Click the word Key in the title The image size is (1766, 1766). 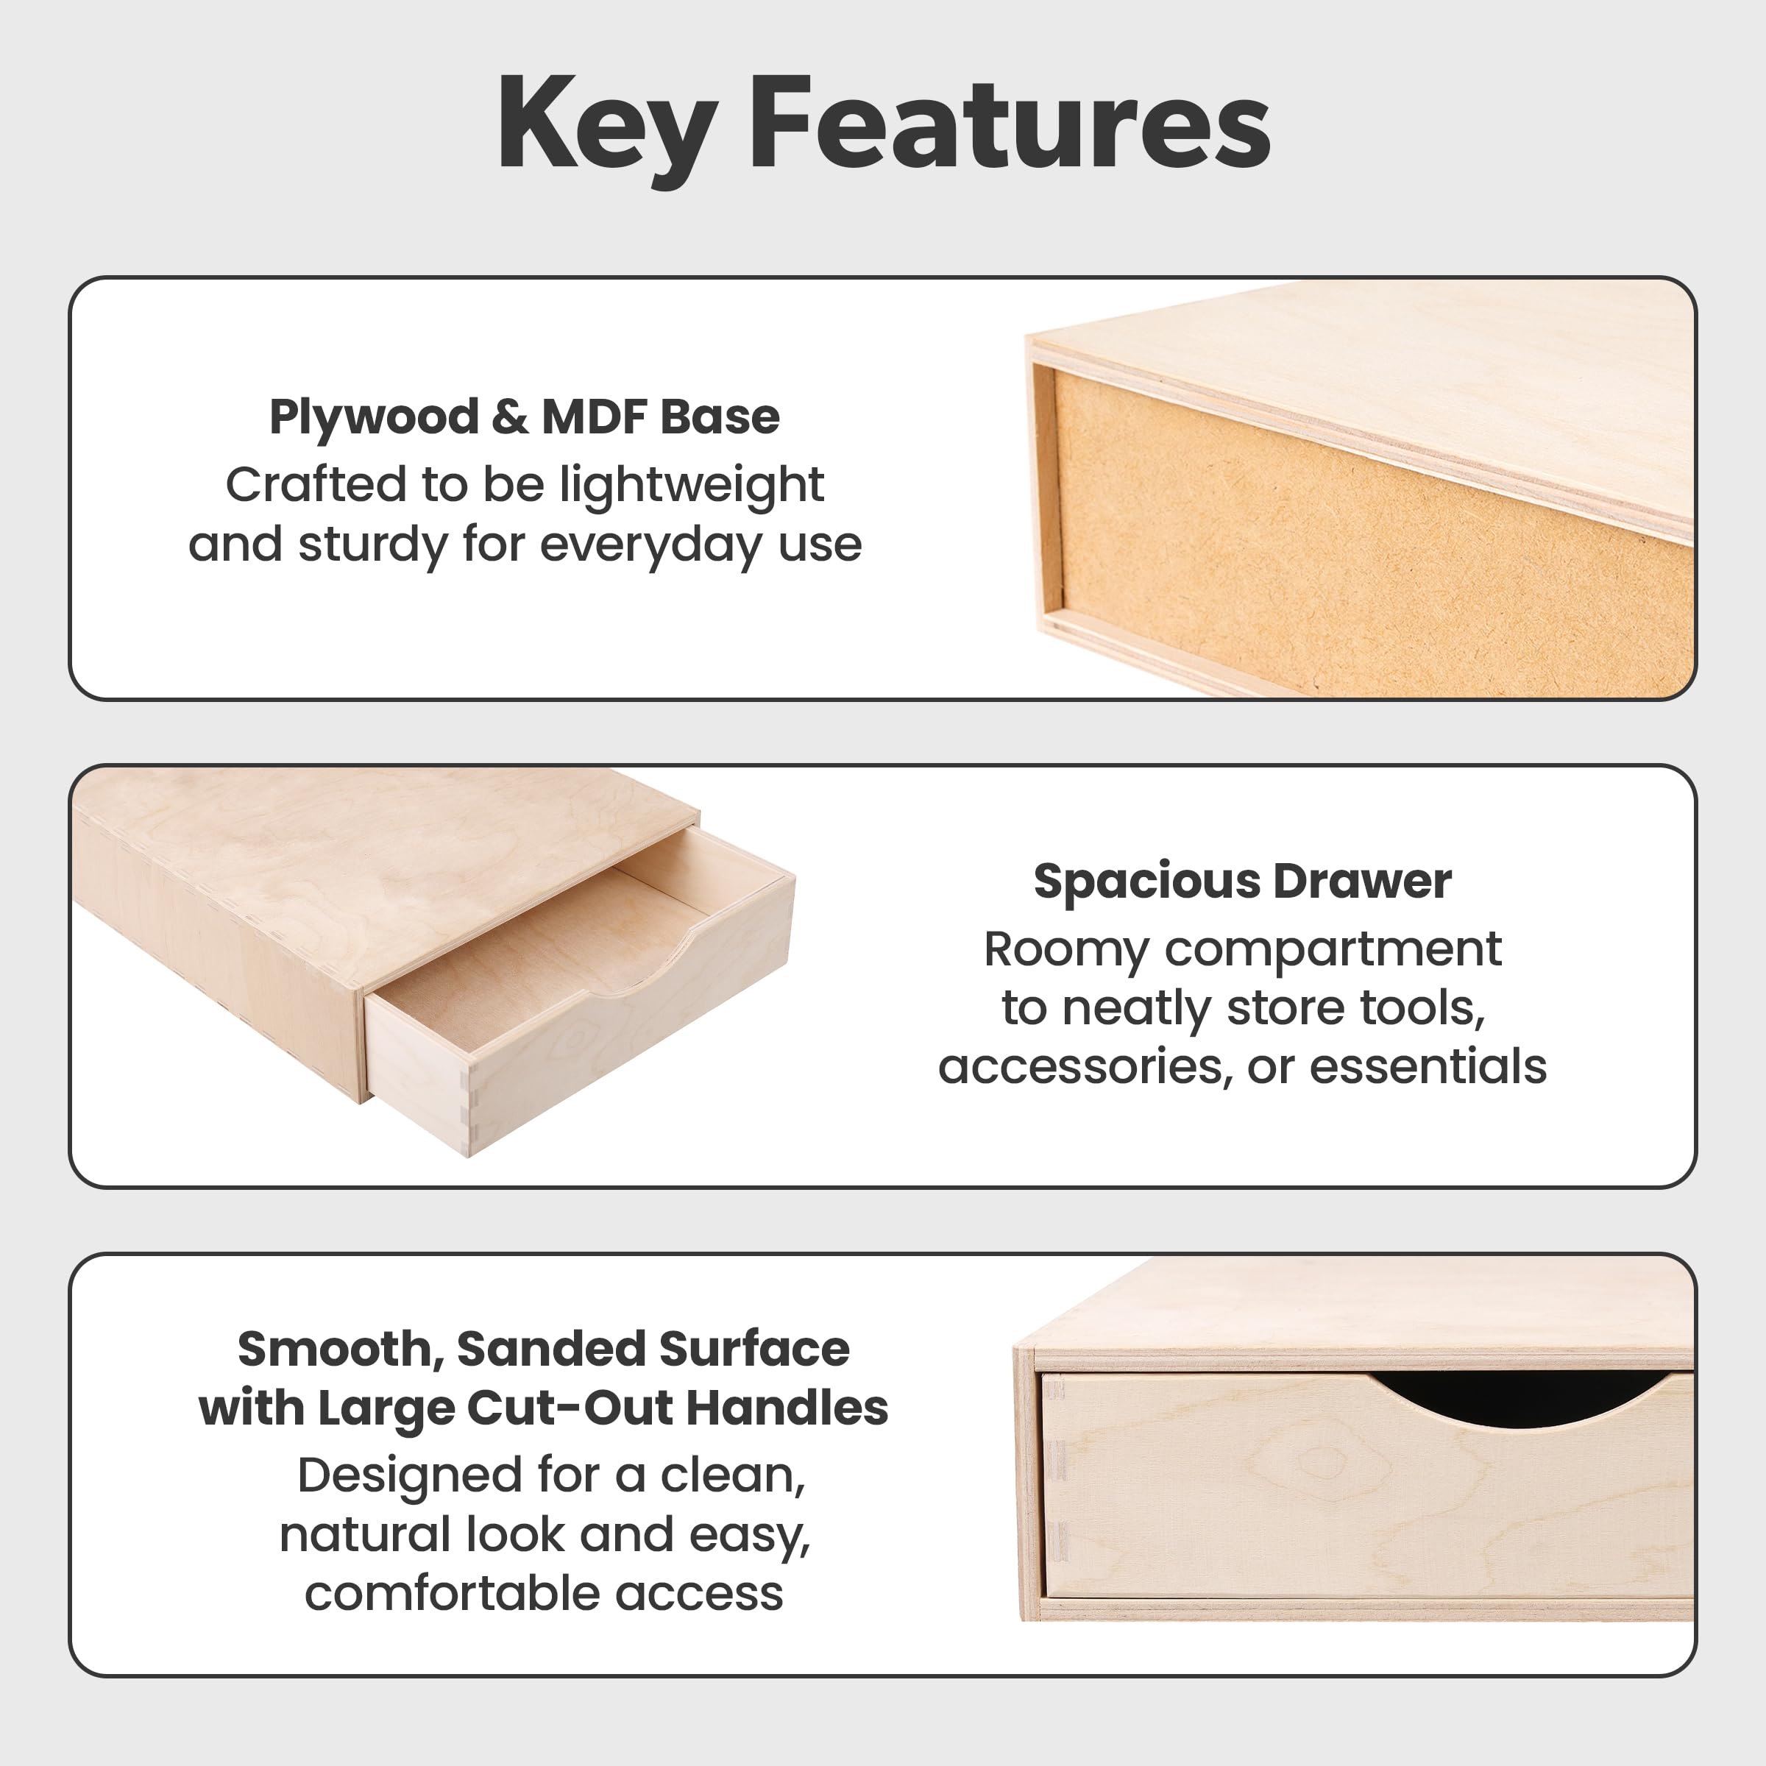(x=606, y=128)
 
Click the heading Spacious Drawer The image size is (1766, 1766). (x=1242, y=882)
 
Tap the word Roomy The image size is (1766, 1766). (x=1065, y=951)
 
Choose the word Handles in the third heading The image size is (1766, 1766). (x=787, y=1408)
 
